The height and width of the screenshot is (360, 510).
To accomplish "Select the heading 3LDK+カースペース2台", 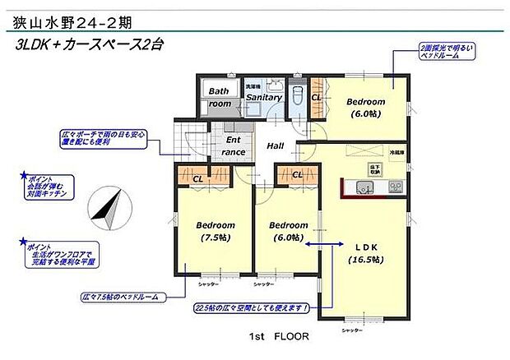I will pos(90,45).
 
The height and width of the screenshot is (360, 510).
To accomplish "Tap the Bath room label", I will pos(220,98).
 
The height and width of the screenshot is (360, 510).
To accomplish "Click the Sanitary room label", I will pos(264,98).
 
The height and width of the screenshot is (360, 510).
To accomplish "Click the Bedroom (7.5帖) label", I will pos(216,231).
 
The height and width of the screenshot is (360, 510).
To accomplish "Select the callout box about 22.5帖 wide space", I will pos(252,308).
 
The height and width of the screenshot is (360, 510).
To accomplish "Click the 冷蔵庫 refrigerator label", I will pos(397,153).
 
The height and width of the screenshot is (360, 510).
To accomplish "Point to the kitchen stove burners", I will pos(395,187).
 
